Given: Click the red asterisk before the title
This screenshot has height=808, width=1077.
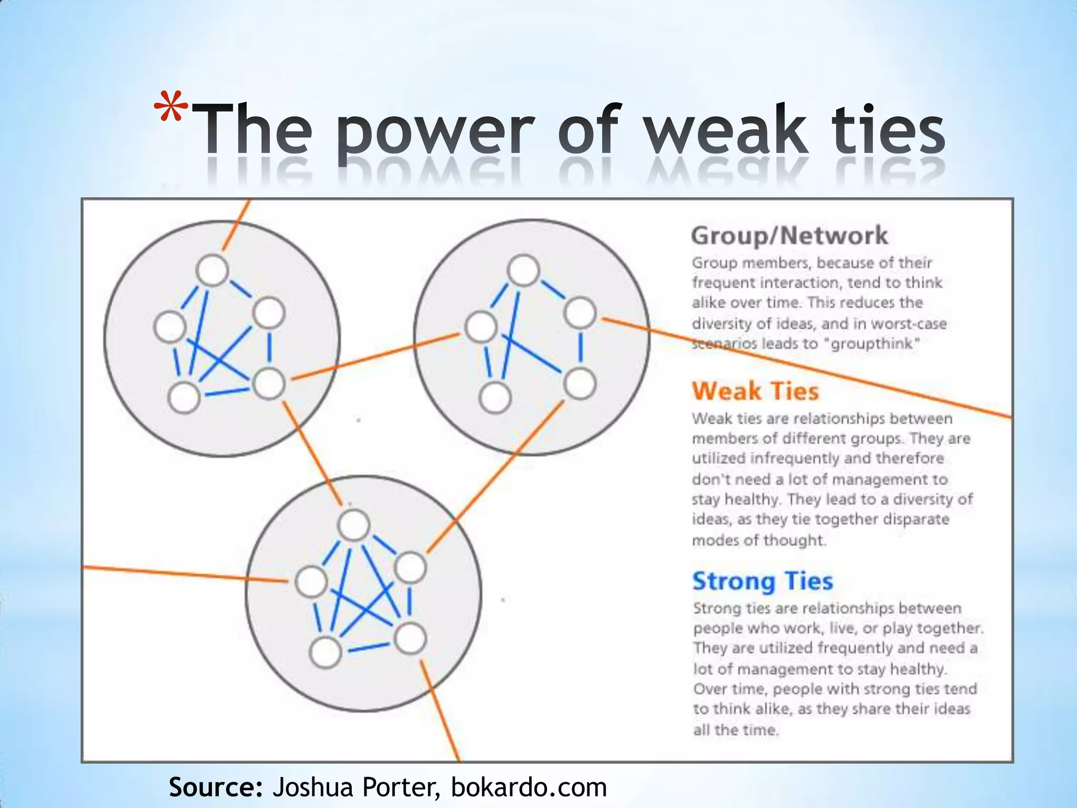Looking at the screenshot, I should click(171, 108).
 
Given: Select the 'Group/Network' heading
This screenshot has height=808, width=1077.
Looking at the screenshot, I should click(789, 235).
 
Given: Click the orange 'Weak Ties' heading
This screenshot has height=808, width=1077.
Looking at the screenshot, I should click(755, 391).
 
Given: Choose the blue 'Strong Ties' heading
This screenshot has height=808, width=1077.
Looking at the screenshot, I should click(763, 581).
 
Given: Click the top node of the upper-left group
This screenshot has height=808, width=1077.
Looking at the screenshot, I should click(212, 270).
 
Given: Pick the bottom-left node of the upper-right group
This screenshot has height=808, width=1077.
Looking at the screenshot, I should click(495, 398).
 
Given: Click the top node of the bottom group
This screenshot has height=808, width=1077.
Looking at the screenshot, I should click(354, 525).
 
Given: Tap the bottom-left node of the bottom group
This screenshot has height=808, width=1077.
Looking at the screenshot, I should click(326, 652).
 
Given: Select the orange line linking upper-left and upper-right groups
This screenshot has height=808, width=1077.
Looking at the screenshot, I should click(374, 356).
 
